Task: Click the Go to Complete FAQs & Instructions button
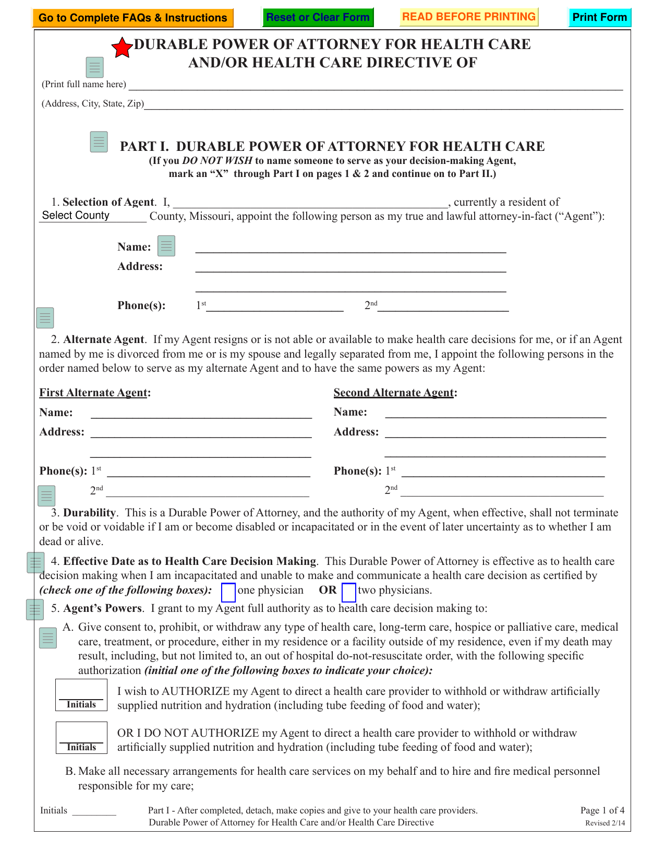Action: point(132,18)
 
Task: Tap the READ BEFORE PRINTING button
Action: point(469,17)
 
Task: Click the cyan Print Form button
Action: point(599,17)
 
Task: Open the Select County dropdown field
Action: point(93,216)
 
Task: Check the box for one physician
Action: point(228,593)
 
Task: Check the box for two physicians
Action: point(349,592)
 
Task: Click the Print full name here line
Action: point(376,85)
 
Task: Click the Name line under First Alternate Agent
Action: point(201,413)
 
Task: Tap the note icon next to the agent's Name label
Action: point(166,246)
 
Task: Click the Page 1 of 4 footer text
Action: point(602,810)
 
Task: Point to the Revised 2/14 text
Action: point(604,823)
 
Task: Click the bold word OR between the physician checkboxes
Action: point(328,591)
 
